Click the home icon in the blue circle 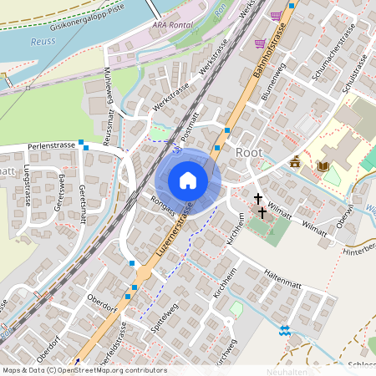click(x=188, y=180)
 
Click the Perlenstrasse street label click(x=51, y=145)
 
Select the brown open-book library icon click(x=323, y=166)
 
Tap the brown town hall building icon click(x=295, y=160)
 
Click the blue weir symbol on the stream click(x=286, y=331)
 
